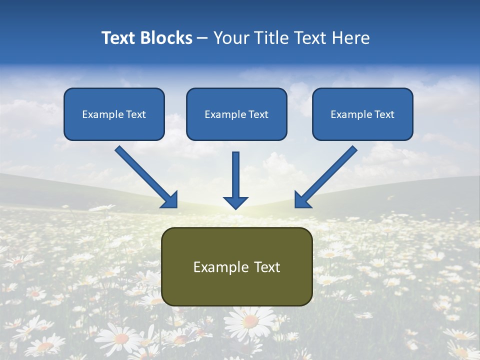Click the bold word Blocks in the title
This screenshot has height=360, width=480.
click(166, 38)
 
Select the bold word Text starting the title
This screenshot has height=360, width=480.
click(120, 38)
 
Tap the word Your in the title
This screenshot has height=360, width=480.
click(229, 38)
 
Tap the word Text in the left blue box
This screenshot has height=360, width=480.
click(136, 114)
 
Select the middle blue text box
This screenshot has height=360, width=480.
click(236, 114)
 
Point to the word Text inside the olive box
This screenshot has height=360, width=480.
click(266, 267)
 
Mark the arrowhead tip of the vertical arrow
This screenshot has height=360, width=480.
click(235, 207)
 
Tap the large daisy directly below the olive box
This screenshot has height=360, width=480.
click(250, 320)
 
